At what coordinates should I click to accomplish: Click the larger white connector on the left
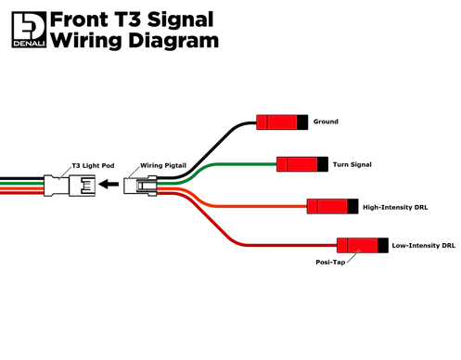[70, 185]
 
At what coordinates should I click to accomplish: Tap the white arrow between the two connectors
[111, 185]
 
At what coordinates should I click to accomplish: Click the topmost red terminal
[276, 122]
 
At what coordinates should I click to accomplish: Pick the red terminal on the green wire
[297, 164]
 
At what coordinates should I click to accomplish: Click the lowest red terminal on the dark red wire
[357, 245]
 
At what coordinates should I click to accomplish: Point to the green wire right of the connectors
[232, 165]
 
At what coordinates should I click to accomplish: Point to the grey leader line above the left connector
[64, 170]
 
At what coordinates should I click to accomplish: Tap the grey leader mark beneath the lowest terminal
[352, 261]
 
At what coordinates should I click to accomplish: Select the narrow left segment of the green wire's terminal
[281, 164]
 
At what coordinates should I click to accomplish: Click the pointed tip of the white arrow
[101, 185]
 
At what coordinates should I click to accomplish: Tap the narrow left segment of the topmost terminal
[261, 122]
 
